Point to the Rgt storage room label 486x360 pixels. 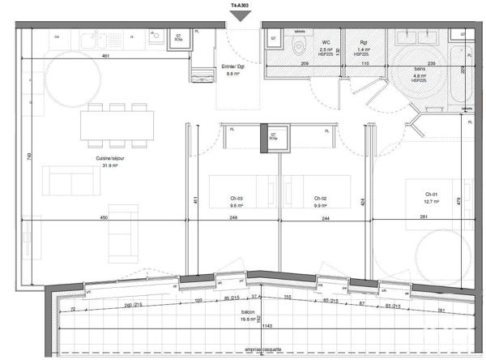point(364,40)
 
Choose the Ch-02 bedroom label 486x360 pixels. point(320,199)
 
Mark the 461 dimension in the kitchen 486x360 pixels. point(105,56)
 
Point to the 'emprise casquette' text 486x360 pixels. point(254,350)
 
